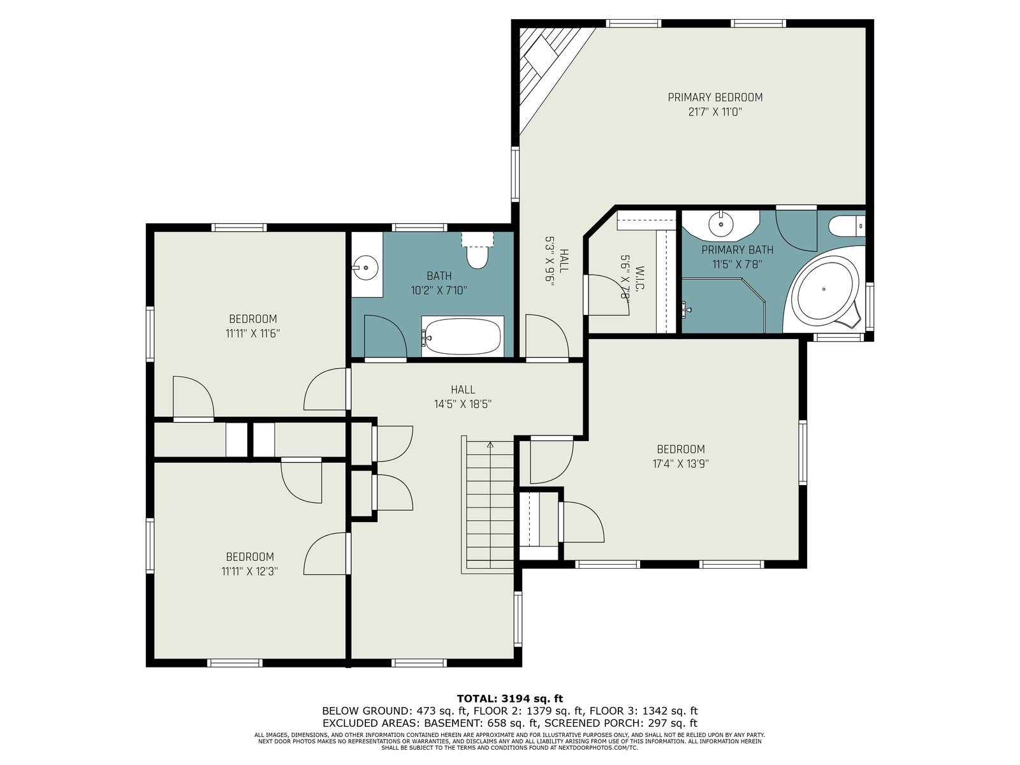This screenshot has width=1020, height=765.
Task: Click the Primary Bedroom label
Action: point(715,98)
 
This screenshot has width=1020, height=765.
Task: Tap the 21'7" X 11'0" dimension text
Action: point(715,112)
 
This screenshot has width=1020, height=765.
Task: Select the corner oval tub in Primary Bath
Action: point(823,289)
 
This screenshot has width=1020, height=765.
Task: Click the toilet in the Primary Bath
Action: point(847,226)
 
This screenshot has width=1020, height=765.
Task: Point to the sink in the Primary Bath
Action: point(721,225)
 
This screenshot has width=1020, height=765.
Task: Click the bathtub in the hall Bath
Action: point(462,337)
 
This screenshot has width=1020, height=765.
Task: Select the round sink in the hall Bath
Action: point(366,268)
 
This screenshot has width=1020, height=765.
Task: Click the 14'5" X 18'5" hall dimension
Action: point(463,404)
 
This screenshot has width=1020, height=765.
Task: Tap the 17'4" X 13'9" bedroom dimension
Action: point(681,463)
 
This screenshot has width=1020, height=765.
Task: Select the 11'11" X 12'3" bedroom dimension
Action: point(249,571)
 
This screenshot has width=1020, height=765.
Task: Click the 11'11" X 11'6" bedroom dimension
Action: point(253,333)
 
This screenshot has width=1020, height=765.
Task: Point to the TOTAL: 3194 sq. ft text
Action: point(510,699)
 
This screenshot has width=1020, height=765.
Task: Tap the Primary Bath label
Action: point(738,250)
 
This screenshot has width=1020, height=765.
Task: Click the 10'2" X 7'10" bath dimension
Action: point(439,291)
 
